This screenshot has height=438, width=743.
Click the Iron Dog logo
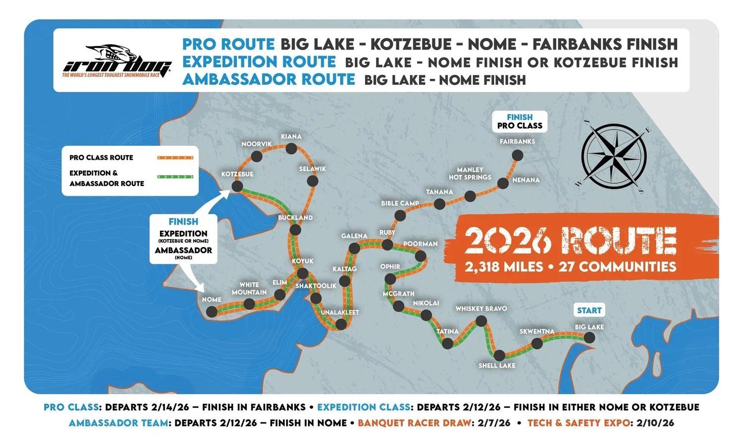click(x=117, y=61)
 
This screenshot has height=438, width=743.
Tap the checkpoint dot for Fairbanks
click(x=517, y=155)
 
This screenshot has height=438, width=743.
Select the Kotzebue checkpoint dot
click(x=237, y=187)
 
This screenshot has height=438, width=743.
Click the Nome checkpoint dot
click(x=212, y=312)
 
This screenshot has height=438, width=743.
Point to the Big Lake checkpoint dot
click(x=589, y=337)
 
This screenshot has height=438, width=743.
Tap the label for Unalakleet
click(x=340, y=313)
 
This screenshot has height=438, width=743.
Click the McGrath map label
click(x=398, y=294)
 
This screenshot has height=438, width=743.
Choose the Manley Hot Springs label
click(x=470, y=174)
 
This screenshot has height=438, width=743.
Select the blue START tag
click(x=589, y=311)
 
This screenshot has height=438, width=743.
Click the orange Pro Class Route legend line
click(x=175, y=158)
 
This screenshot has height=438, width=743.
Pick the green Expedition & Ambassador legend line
click(x=175, y=177)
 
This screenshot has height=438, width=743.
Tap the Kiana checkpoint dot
click(x=291, y=148)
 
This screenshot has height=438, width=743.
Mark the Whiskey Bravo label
click(x=481, y=309)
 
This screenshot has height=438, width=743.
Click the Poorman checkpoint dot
click(x=421, y=256)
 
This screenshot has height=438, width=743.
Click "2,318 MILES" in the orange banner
click(x=504, y=267)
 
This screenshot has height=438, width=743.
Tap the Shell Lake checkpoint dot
click(x=499, y=355)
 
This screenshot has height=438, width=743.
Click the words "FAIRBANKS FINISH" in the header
click(x=605, y=44)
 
